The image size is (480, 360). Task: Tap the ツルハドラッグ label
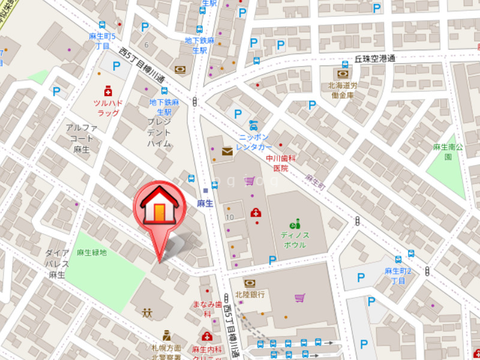pos(108,108)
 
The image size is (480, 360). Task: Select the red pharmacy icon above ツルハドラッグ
pos(108,91)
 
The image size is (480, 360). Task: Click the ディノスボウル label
pos(295,240)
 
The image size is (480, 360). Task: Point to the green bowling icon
pos(295,223)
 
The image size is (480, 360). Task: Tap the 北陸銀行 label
pos(250,295)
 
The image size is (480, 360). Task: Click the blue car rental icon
pos(254,125)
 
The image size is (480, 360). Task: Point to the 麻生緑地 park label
pos(92,253)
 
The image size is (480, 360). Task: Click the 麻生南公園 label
pos(449,152)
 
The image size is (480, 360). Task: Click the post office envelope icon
pos(227,151)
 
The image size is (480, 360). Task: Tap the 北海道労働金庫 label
pos(342,90)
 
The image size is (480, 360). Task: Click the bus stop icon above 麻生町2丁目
pos(411,254)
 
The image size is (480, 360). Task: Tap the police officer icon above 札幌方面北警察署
pos(167,335)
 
